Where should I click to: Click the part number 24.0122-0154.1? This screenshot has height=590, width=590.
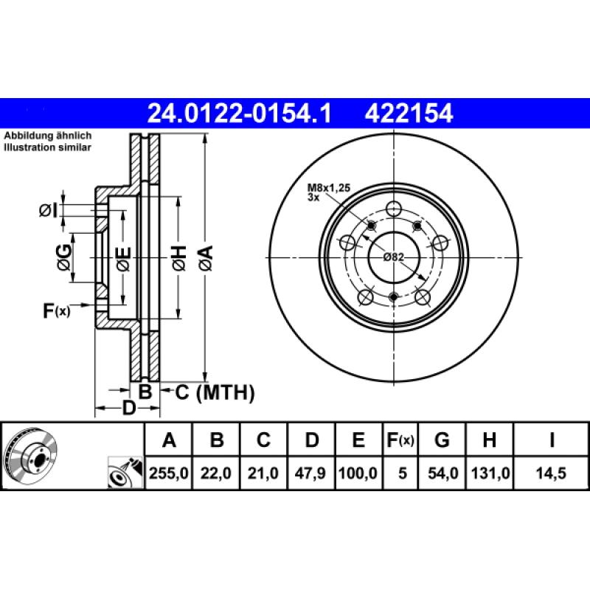[x=240, y=113]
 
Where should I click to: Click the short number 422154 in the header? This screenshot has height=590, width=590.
[x=405, y=113]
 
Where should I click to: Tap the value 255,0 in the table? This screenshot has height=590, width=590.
[x=169, y=473]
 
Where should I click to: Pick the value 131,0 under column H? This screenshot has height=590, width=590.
[x=488, y=473]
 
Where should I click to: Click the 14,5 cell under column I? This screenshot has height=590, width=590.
[x=552, y=473]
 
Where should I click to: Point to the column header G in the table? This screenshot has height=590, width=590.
[x=442, y=441]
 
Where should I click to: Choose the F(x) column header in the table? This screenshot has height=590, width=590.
[x=401, y=441]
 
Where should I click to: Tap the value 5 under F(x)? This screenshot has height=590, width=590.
[x=401, y=473]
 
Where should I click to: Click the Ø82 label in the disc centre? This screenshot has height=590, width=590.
[x=394, y=257]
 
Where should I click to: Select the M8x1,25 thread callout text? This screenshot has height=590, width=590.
[x=329, y=190]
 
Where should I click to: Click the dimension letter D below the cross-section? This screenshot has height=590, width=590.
[x=128, y=408]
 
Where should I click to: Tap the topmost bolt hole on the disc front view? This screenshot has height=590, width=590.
[x=393, y=207]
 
